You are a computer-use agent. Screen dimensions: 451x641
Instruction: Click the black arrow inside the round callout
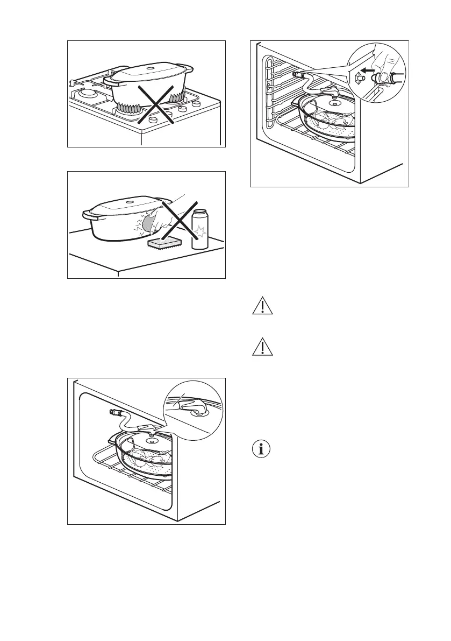pyautogui.click(x=367, y=71)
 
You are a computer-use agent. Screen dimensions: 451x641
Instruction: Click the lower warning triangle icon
pyautogui.click(x=262, y=348)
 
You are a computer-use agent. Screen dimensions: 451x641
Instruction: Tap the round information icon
pyautogui.click(x=262, y=449)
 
